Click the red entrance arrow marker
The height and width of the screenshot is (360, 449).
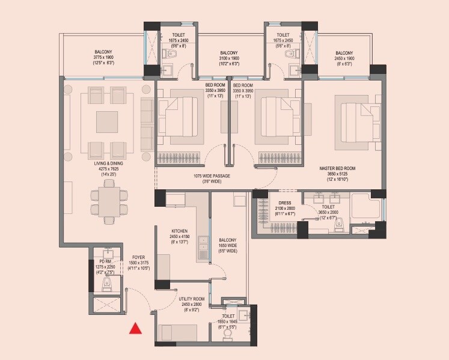[136, 328]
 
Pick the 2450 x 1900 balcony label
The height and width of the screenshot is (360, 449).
[344, 57]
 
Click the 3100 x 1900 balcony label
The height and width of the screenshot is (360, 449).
[229, 57]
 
